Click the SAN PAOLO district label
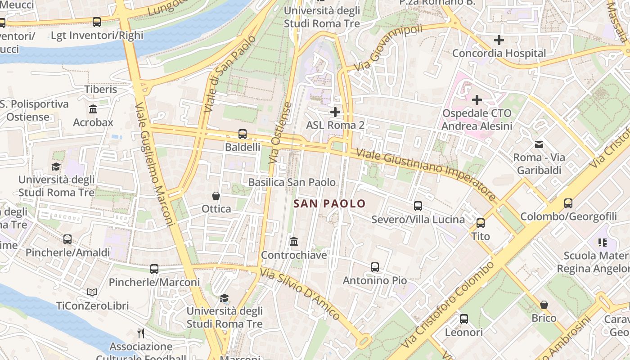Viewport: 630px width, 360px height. click(x=329, y=204)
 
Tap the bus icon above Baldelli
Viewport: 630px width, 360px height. click(x=243, y=134)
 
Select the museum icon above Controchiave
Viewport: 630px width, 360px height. click(x=294, y=242)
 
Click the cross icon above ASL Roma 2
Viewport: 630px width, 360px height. click(x=335, y=112)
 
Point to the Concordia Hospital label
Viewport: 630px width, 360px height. click(x=499, y=53)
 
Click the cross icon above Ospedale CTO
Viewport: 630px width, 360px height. click(x=477, y=99)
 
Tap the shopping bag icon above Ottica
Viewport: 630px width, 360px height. click(x=216, y=196)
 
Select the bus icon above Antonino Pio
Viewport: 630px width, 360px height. click(x=375, y=267)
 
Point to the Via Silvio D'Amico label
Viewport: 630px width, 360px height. click(x=301, y=294)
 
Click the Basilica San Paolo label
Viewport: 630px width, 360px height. click(x=292, y=182)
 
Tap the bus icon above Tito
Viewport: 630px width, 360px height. click(x=481, y=223)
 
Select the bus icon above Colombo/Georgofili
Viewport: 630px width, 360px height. click(x=568, y=203)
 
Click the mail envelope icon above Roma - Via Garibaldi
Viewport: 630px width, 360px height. click(x=539, y=144)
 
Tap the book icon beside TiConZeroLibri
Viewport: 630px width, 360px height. click(x=92, y=292)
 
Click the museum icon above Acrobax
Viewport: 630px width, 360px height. click(x=93, y=109)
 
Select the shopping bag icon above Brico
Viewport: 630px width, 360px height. click(x=544, y=305)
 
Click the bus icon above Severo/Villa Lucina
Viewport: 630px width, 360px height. click(x=418, y=206)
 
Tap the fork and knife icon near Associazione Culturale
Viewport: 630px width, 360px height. click(x=141, y=333)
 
